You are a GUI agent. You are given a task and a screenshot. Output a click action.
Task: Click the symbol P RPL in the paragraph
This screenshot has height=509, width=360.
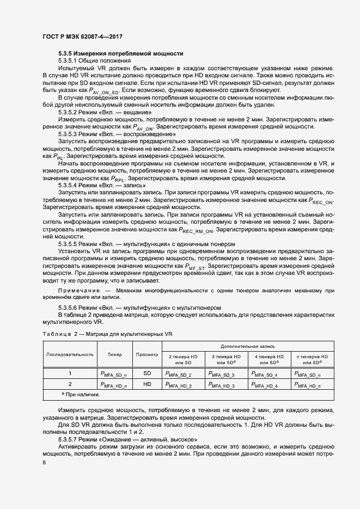[x=119, y=179]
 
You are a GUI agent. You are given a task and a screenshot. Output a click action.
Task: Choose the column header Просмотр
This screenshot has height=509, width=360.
[x=147, y=354]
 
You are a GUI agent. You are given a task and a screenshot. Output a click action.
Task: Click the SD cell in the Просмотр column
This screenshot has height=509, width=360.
[x=147, y=373]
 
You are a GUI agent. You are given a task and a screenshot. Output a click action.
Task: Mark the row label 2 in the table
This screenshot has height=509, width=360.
[x=69, y=384]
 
